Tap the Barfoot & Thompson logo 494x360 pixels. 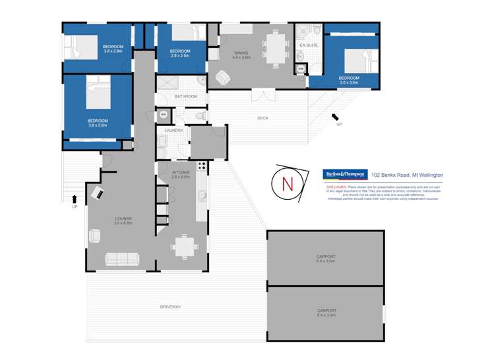(x=344, y=175)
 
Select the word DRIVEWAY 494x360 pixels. (x=170, y=307)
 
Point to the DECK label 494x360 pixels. (x=262, y=118)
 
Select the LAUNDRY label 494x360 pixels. (x=173, y=130)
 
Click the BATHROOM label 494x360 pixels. (x=186, y=96)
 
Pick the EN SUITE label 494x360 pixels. (x=308, y=45)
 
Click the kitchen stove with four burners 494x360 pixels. (x=202, y=166)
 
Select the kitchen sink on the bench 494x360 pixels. (x=202, y=196)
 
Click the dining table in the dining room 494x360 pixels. (x=274, y=47)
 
